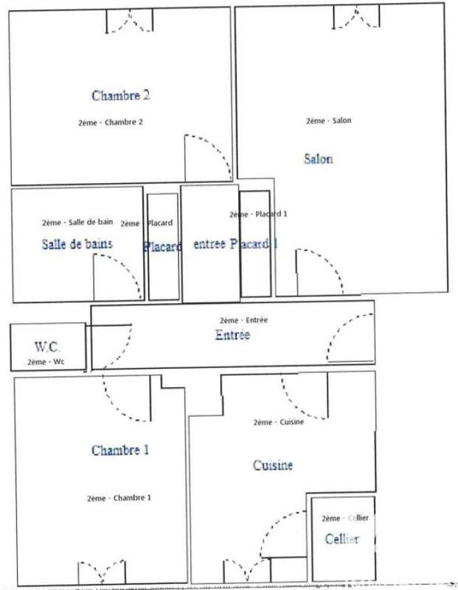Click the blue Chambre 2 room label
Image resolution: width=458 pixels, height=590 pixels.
[121, 95]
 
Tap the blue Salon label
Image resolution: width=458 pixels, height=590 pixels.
[318, 159]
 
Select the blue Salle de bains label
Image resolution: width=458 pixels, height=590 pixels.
[77, 244]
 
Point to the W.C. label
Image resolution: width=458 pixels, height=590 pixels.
[47, 346]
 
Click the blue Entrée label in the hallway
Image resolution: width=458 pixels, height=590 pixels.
[232, 335]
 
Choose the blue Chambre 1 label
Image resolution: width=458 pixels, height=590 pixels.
[120, 450]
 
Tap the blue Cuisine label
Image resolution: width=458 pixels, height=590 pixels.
[273, 465]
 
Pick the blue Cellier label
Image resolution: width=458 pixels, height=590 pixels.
[342, 539]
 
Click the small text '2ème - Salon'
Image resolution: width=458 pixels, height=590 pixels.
[329, 121]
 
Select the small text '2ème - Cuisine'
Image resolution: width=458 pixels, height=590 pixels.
[278, 423]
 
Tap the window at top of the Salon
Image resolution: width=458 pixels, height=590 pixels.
[358, 16]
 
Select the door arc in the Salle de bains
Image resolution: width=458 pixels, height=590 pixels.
[118, 273]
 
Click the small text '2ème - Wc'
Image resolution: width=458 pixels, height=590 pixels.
[46, 362]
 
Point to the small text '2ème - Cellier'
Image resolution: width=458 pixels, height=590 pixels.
[345, 518]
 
